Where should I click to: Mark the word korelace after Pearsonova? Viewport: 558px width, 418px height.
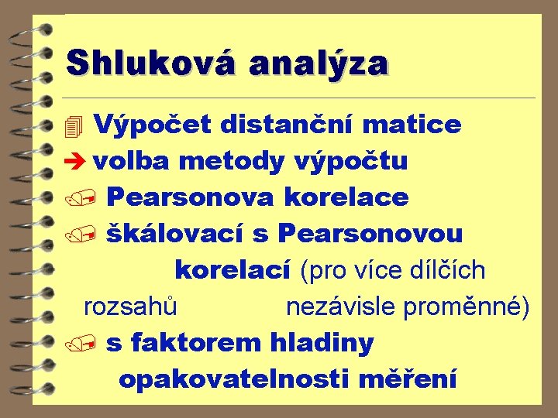346,197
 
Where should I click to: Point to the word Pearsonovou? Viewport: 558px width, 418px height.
370,233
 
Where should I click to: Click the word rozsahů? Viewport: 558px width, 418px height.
131,307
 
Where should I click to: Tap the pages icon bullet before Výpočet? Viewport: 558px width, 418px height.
74,125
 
